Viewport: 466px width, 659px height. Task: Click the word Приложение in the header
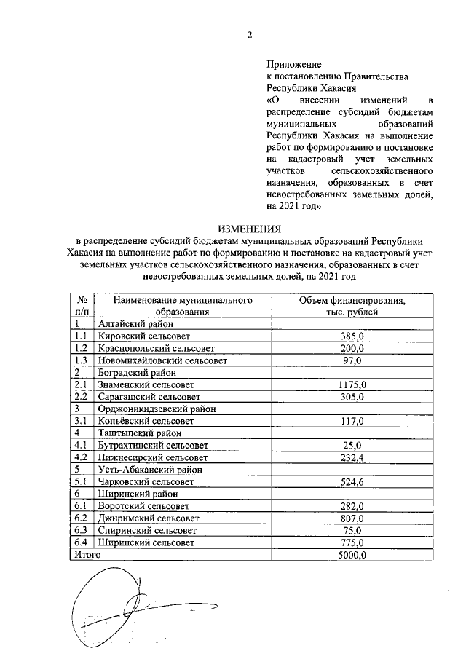pos(293,65)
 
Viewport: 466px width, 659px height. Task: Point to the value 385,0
pos(352,336)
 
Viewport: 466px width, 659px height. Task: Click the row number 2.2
pos(81,397)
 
